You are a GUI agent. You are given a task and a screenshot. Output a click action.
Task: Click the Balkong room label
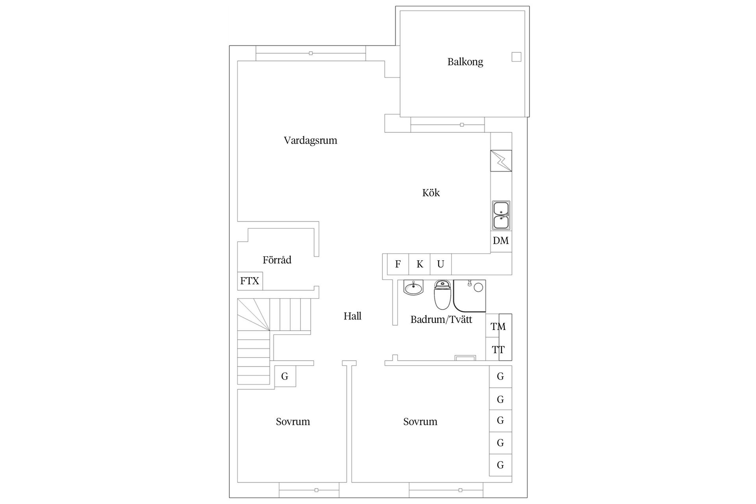pyautogui.click(x=465, y=62)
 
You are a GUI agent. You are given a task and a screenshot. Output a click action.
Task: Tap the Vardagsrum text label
pyautogui.click(x=310, y=141)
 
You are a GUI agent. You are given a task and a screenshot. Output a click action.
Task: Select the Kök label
pyautogui.click(x=431, y=193)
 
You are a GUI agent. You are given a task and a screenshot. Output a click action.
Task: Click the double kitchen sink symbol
pyautogui.click(x=501, y=215)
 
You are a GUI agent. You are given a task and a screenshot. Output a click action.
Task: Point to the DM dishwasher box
pyautogui.click(x=501, y=241)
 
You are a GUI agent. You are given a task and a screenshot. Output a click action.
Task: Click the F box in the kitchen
pyautogui.click(x=398, y=264)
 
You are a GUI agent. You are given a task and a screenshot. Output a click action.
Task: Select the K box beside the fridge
pyautogui.click(x=420, y=264)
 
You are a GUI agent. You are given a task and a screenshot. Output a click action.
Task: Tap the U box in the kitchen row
pyautogui.click(x=441, y=264)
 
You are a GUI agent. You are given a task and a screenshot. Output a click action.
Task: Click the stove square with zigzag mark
pyautogui.click(x=501, y=161)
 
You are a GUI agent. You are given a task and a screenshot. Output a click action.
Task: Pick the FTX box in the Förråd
pyautogui.click(x=250, y=281)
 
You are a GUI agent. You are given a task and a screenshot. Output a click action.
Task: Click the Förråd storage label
pyautogui.click(x=277, y=260)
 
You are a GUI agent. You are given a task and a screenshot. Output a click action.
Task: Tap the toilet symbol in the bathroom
pyautogui.click(x=442, y=295)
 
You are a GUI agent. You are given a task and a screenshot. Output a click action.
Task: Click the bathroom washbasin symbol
pyautogui.click(x=413, y=288)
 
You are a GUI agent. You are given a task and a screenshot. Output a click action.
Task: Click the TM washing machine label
pyautogui.click(x=498, y=326)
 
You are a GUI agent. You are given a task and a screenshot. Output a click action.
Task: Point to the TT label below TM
pyautogui.click(x=498, y=350)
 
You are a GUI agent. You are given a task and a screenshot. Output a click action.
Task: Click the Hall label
pyautogui.click(x=352, y=316)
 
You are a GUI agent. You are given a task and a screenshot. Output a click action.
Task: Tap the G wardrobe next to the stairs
pyautogui.click(x=285, y=376)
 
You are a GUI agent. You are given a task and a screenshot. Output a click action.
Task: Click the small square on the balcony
pyautogui.click(x=516, y=57)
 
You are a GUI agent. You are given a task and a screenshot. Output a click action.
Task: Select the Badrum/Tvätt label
pyautogui.click(x=441, y=319)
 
